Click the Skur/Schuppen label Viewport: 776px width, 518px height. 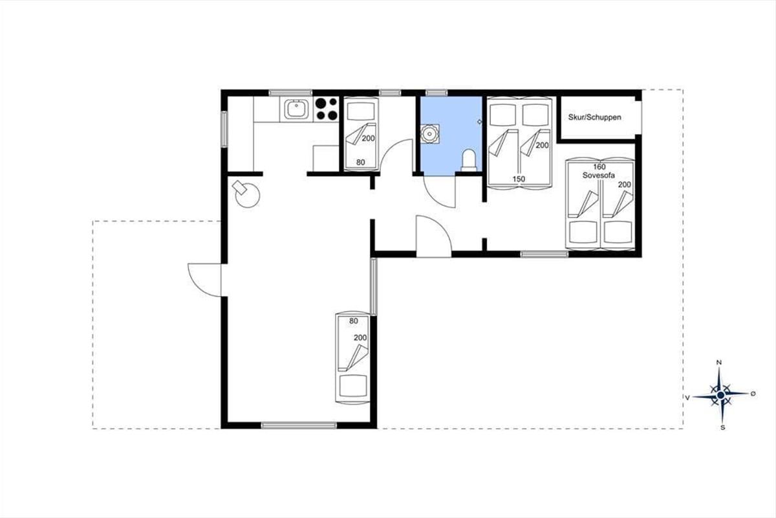pyautogui.click(x=594, y=117)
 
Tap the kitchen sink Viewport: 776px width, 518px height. pyautogui.click(x=297, y=109)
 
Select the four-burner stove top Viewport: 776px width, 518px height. pyautogui.click(x=326, y=109)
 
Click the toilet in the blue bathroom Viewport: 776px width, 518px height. pyautogui.click(x=469, y=161)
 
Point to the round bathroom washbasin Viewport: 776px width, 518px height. pyautogui.click(x=429, y=133)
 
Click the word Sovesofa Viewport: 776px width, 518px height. pyautogui.click(x=599, y=175)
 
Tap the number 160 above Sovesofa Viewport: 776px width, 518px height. pyautogui.click(x=599, y=166)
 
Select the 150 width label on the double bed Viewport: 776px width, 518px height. pyautogui.click(x=519, y=179)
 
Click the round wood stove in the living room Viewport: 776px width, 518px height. pyautogui.click(x=246, y=194)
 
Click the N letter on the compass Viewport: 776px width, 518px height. pyautogui.click(x=719, y=363)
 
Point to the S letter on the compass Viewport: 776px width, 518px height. pyautogui.click(x=723, y=428)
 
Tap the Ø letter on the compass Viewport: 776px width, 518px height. pyautogui.click(x=753, y=394)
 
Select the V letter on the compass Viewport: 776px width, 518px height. pyautogui.click(x=687, y=398)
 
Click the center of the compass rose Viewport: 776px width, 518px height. pyautogui.click(x=721, y=395)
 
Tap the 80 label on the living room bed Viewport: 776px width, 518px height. pyautogui.click(x=353, y=321)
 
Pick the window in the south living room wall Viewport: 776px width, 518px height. pyautogui.click(x=299, y=425)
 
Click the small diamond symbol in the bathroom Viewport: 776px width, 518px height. pyautogui.click(x=479, y=122)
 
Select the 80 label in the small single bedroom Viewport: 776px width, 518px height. pyautogui.click(x=361, y=162)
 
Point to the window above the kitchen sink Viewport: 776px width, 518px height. pyautogui.click(x=290, y=93)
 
